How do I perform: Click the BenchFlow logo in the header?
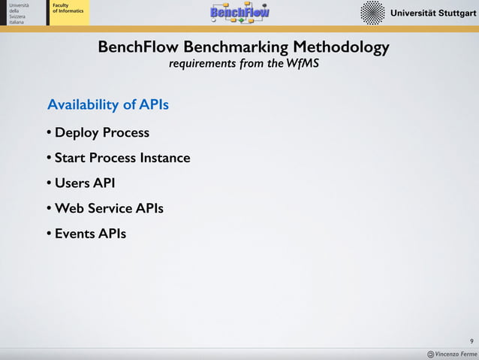click(239, 12)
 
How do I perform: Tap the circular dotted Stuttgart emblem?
click(372, 13)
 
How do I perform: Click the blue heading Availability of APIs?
click(108, 104)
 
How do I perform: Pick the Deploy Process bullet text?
click(102, 133)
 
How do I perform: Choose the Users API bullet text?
click(85, 183)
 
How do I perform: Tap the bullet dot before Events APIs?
click(48, 234)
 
